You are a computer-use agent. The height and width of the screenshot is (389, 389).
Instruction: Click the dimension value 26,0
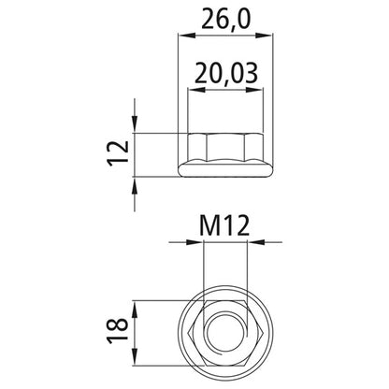(224, 18)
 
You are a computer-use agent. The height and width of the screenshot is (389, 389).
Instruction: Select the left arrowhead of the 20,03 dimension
(194, 91)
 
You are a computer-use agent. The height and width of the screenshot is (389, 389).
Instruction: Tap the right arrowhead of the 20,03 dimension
(255, 91)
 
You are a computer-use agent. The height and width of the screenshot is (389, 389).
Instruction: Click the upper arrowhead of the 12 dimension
(137, 126)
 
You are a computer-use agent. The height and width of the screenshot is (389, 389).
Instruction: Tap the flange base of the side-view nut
(224, 171)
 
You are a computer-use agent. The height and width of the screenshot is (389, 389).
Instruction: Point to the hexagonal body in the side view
(224, 147)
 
